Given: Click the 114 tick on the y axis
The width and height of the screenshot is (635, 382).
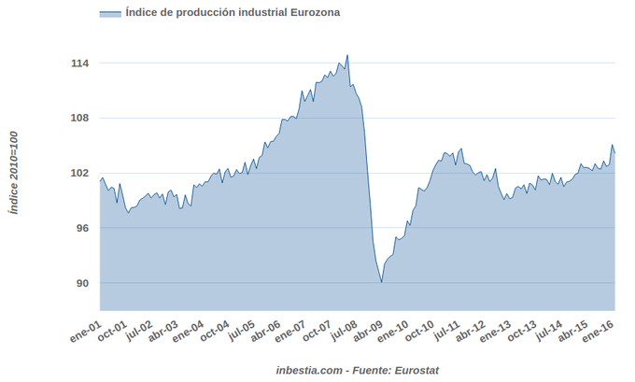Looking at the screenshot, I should coord(79,64).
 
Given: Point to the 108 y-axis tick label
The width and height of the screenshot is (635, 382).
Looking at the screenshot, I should coord(79,118).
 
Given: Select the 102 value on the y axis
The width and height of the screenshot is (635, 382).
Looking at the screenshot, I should coord(79,173).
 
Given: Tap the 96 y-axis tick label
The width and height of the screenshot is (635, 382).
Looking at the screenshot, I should coord(81,228).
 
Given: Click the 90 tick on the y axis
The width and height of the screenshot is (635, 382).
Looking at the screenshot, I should coord(81,283).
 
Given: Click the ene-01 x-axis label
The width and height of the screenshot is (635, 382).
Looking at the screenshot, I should coord(87,332).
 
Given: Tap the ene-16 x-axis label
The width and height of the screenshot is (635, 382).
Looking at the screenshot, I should coord(599,332).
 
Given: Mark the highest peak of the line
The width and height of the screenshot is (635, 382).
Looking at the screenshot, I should coord(347,55).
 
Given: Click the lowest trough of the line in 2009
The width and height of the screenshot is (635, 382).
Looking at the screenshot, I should coord(381,282).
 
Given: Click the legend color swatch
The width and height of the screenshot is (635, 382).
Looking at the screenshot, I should coord(109,13).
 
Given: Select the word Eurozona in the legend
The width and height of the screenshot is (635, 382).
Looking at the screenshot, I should coord(312,13).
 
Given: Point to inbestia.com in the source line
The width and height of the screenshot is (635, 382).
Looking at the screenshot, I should coord(309,370).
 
